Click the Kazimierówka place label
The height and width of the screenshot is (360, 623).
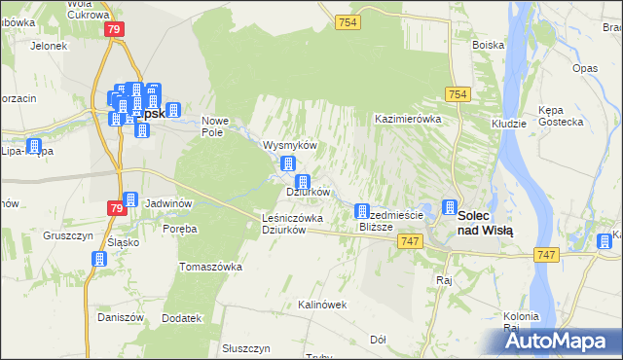(409, 119)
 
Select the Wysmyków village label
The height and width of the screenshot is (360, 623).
(291, 145)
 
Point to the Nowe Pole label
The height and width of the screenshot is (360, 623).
(214, 126)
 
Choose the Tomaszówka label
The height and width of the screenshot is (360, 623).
(210, 266)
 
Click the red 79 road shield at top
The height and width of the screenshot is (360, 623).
(113, 29)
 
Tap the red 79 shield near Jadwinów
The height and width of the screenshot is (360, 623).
(116, 207)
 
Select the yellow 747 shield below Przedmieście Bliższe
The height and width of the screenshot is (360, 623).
(410, 240)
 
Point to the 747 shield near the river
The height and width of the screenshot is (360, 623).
(546, 254)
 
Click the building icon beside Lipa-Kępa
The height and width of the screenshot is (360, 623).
(35, 148)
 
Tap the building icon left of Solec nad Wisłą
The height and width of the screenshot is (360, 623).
(449, 207)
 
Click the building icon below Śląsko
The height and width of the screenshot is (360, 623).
(99, 259)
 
